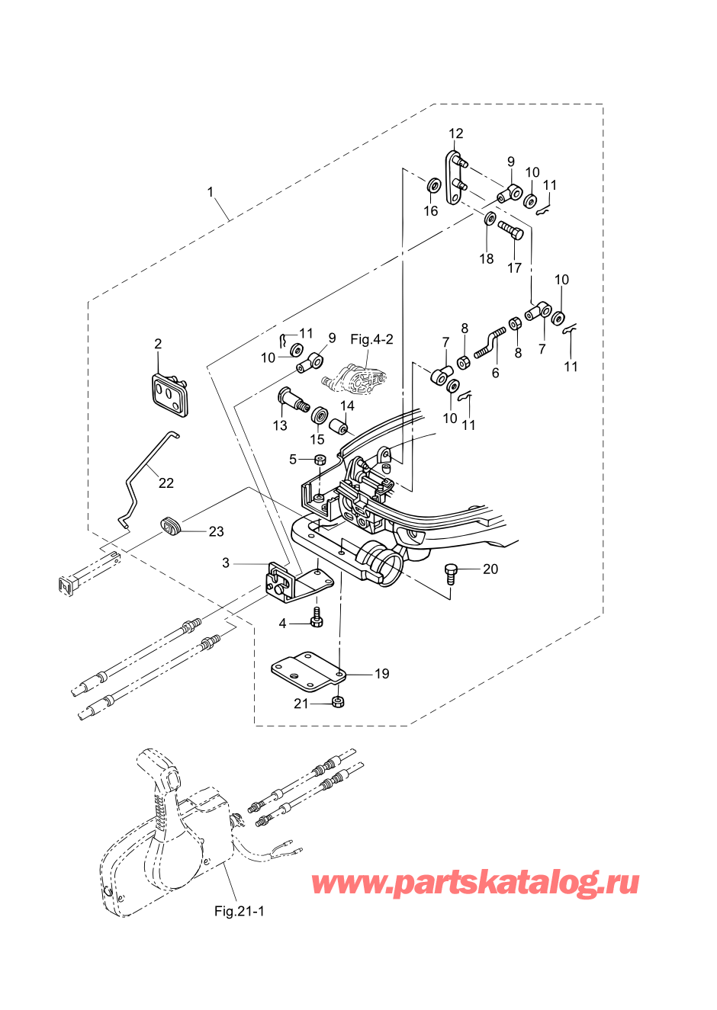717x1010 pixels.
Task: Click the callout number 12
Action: click(455, 133)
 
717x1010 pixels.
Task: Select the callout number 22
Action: click(166, 483)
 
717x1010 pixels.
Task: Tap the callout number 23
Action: click(216, 531)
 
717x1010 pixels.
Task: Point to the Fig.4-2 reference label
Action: click(371, 339)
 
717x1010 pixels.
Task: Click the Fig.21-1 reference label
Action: click(239, 911)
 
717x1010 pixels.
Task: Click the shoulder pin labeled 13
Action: click(291, 399)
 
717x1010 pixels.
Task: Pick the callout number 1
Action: click(211, 192)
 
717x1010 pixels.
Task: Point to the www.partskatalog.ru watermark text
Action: click(474, 883)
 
